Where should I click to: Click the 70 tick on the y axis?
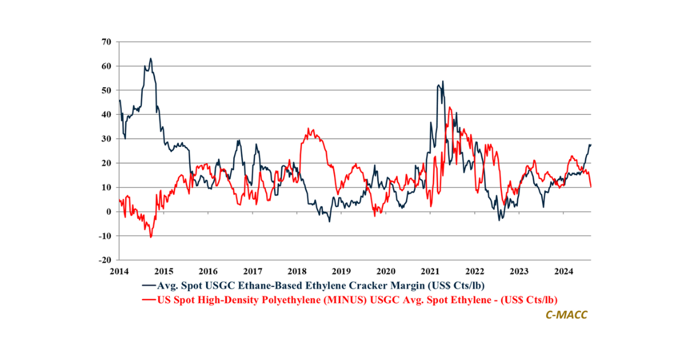coord(106,42)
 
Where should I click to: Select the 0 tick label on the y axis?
coord(109,212)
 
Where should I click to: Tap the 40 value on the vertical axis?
coord(106,115)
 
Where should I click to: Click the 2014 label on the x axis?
coord(119,271)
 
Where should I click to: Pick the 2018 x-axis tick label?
coord(297,271)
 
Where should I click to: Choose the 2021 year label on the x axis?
coord(430,271)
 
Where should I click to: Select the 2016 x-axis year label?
coord(208,271)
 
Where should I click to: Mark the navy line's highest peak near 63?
coord(150,58)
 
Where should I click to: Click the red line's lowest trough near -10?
coord(150,237)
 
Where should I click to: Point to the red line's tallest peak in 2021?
coord(450,107)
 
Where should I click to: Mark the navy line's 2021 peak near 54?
coord(443,81)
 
